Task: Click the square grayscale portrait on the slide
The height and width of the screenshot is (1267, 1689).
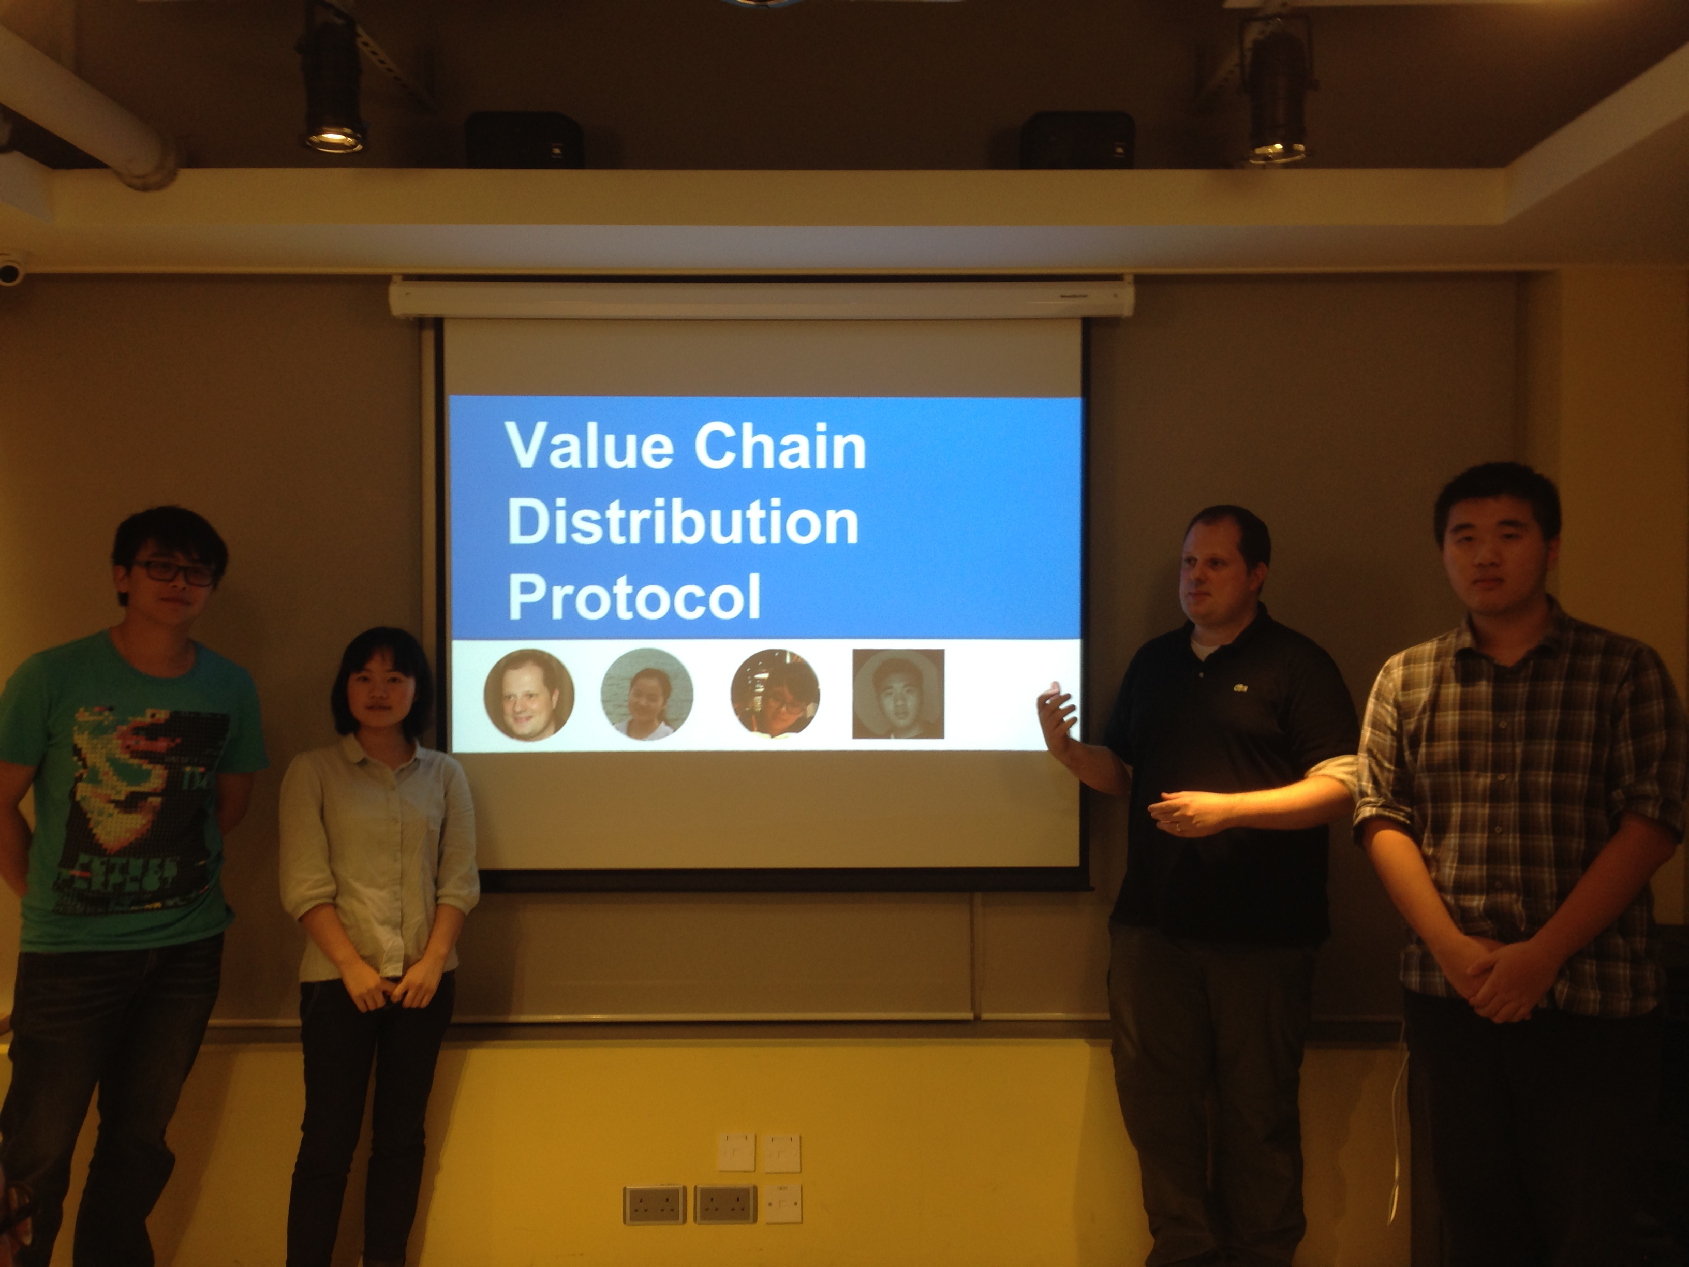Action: (898, 694)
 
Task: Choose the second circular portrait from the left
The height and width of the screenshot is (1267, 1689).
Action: (647, 694)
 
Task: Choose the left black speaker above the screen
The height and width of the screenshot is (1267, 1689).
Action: (525, 139)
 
